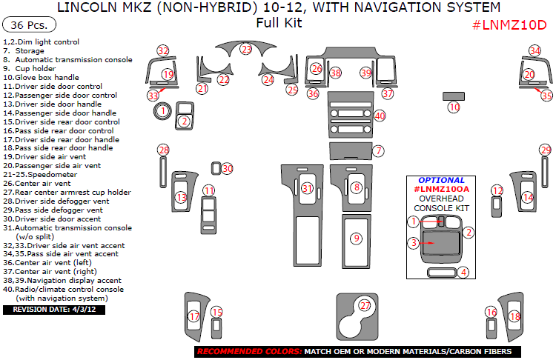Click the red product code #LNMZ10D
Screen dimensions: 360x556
(509, 24)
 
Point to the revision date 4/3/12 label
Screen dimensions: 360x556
(54, 310)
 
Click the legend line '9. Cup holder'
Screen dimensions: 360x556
(36, 68)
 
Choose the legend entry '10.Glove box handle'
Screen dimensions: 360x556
(41, 77)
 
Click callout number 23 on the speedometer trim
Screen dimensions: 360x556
(246, 50)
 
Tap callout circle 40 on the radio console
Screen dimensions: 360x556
(380, 116)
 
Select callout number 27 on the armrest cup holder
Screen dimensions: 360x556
(364, 306)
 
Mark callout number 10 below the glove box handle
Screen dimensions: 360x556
(454, 107)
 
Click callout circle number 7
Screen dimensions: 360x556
(378, 151)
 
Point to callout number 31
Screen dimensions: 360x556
(307, 189)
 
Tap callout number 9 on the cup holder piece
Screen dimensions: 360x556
(357, 238)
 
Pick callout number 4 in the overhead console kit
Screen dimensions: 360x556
(463, 273)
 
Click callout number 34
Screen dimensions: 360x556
(535, 50)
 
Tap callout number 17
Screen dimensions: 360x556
(193, 316)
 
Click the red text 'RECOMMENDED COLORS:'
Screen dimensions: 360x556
(248, 351)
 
